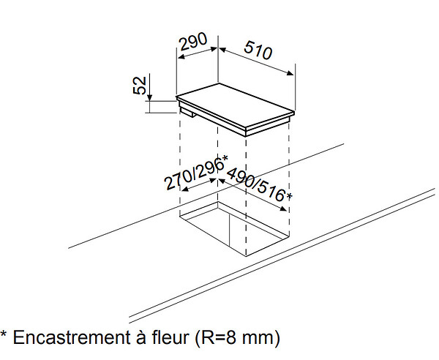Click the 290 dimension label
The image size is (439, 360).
coord(193,42)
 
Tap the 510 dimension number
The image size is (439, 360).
coord(258,50)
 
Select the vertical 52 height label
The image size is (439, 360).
coord(140,85)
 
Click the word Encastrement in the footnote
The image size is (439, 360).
coord(71,337)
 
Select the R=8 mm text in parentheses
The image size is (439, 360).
coord(237,337)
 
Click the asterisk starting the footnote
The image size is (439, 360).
coord(4,334)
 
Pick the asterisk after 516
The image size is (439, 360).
coord(289,197)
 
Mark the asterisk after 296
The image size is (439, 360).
coord(225,159)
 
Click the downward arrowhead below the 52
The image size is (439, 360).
coord(149,97)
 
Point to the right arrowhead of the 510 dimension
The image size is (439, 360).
coord(290,73)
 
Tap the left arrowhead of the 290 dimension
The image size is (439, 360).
coord(181,57)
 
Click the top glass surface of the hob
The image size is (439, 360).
coord(235,105)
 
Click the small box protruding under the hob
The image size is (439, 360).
coord(187,112)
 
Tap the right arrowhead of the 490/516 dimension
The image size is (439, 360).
coord(282,209)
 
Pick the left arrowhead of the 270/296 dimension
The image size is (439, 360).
coord(185,190)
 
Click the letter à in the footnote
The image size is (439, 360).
coord(140,337)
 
